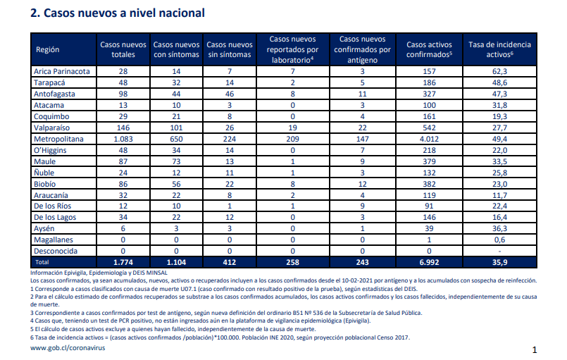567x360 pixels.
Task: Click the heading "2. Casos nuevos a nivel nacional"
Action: pos(118,13)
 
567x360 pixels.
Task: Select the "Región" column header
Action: pos(47,49)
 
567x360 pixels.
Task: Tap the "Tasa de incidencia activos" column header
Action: pos(500,49)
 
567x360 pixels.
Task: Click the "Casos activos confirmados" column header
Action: pos(429,49)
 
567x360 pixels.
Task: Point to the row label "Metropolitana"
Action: pos(58,139)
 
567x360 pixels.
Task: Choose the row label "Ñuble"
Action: pos(44,173)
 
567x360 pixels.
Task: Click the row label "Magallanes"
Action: pos(54,240)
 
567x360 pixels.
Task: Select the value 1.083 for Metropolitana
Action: pos(123,139)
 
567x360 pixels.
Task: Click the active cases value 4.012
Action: pos(429,139)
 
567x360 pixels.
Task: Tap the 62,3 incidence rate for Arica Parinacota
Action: pos(500,71)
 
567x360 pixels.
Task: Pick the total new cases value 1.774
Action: pos(123,262)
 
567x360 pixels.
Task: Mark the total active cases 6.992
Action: pos(429,262)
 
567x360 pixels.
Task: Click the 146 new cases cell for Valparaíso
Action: pos(123,128)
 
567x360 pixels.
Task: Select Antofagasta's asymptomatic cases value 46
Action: pos(229,94)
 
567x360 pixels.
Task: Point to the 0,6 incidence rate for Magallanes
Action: pos(500,240)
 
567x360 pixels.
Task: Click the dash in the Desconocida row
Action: pos(500,251)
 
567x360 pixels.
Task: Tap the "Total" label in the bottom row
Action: pos(42,262)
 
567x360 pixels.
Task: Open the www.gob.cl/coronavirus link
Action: pos(68,348)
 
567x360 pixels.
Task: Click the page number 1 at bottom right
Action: pos(535,350)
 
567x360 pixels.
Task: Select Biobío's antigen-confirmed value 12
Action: pos(362,184)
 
